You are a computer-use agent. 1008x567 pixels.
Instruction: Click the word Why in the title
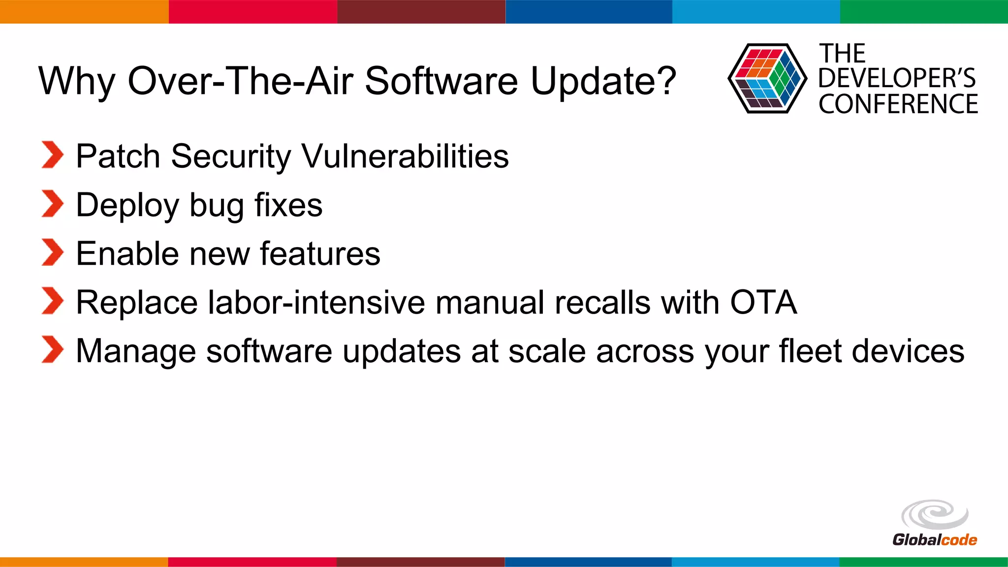pyautogui.click(x=76, y=81)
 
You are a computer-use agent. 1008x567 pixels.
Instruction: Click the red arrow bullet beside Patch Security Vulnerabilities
pyautogui.click(x=53, y=155)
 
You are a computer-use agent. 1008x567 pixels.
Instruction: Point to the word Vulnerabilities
pyautogui.click(x=405, y=156)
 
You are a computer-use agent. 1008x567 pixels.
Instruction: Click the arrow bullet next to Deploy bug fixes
pyautogui.click(x=53, y=204)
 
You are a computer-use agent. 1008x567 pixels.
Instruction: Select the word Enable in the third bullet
pyautogui.click(x=127, y=253)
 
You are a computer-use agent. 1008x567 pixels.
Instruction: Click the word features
pyautogui.click(x=320, y=253)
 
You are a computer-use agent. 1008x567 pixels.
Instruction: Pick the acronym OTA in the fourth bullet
pyautogui.click(x=763, y=302)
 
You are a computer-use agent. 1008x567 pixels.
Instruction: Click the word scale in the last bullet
pyautogui.click(x=547, y=351)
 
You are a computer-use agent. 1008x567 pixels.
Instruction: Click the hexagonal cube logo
pyautogui.click(x=767, y=78)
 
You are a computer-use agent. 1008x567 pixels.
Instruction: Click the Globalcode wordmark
pyautogui.click(x=934, y=540)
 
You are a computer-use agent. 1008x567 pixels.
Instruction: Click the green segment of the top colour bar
pyautogui.click(x=924, y=11)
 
